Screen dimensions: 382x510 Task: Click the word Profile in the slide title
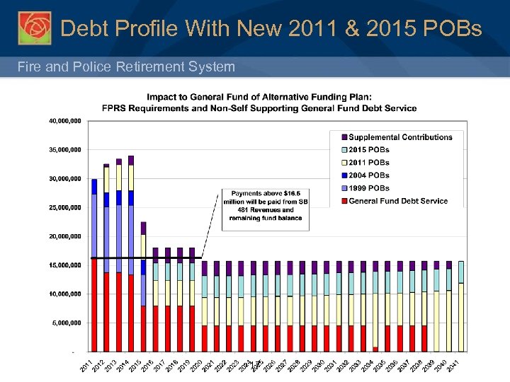coord(150,28)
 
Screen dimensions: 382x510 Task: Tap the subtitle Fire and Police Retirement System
coord(127,66)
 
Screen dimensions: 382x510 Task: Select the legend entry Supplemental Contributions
coord(400,137)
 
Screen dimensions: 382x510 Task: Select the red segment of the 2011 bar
coord(94,304)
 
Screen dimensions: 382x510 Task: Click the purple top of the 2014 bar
coord(131,160)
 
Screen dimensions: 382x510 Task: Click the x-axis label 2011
coord(86,366)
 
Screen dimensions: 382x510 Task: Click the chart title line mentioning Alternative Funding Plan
coord(268,97)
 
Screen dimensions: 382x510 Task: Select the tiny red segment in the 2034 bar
coord(375,349)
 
